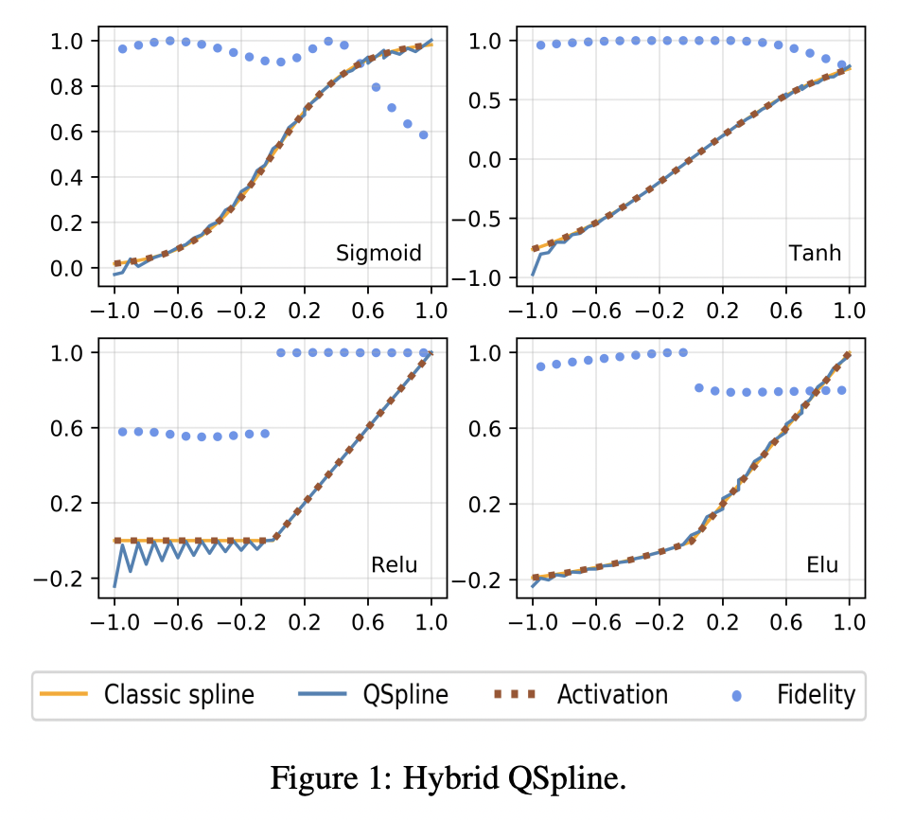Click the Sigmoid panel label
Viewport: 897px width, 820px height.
click(378, 254)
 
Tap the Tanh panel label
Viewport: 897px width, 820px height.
click(814, 254)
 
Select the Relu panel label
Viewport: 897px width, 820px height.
click(394, 565)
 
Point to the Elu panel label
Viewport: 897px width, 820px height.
click(822, 565)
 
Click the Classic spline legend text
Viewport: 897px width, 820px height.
click(179, 695)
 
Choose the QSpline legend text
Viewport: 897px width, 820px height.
click(405, 695)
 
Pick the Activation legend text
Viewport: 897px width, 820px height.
click(612, 695)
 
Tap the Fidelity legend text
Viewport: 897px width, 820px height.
click(816, 695)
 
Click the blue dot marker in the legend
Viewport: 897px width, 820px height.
click(737, 696)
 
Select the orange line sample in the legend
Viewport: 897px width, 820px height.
click(63, 695)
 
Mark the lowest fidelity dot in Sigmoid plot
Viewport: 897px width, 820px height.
click(423, 135)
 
